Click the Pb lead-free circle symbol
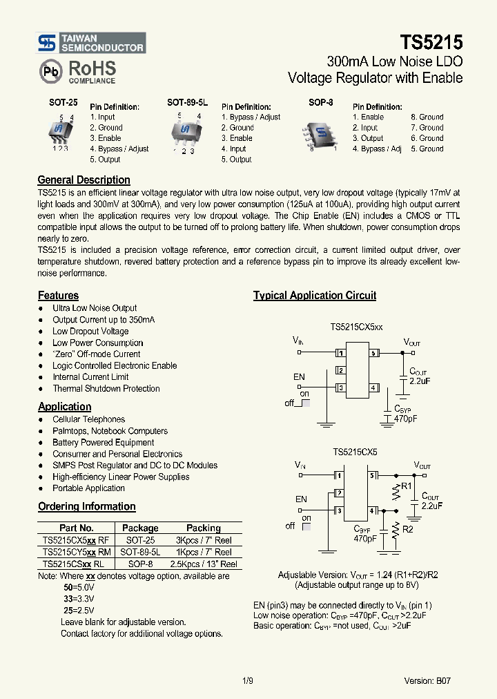50,71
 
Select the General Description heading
84,180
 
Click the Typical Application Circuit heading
314,296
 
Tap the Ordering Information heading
86,506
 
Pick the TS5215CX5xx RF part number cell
75,540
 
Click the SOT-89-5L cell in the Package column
140,552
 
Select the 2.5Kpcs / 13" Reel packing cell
203,564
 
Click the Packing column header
203,528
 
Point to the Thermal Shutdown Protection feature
106,389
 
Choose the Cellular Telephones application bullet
89,419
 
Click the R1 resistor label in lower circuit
407,486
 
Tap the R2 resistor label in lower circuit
408,530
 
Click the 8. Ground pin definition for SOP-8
427,117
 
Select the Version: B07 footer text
428,680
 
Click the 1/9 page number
248,680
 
